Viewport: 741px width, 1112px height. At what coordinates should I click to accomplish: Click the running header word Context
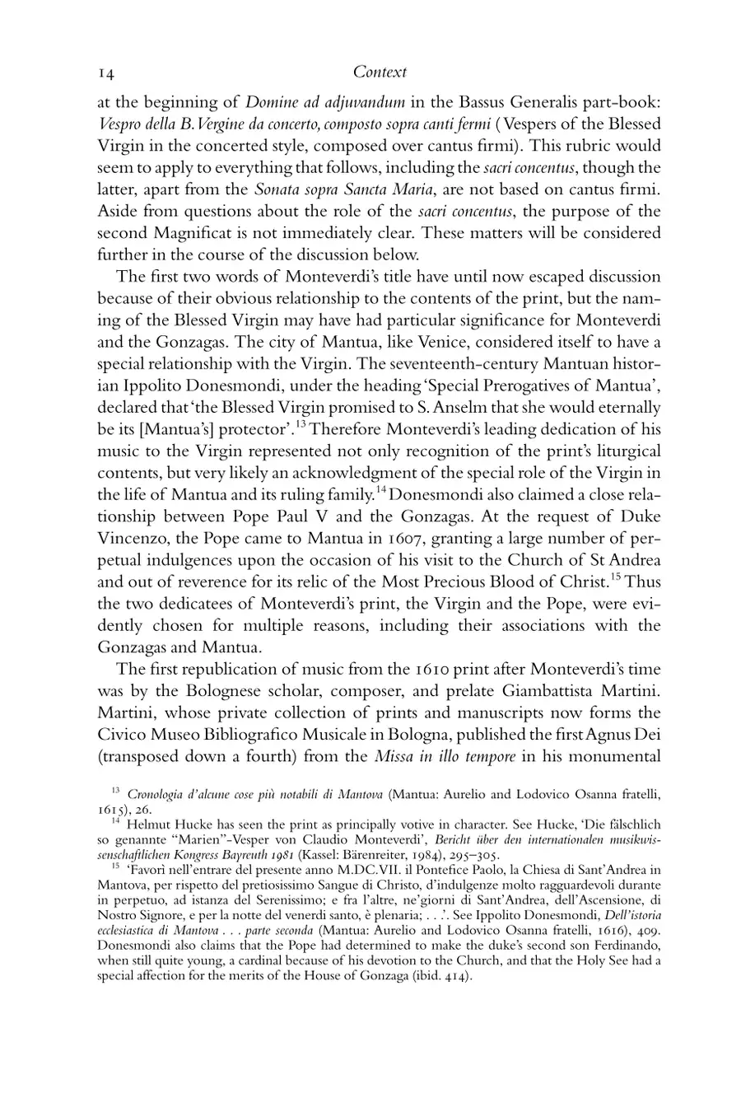[380, 72]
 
